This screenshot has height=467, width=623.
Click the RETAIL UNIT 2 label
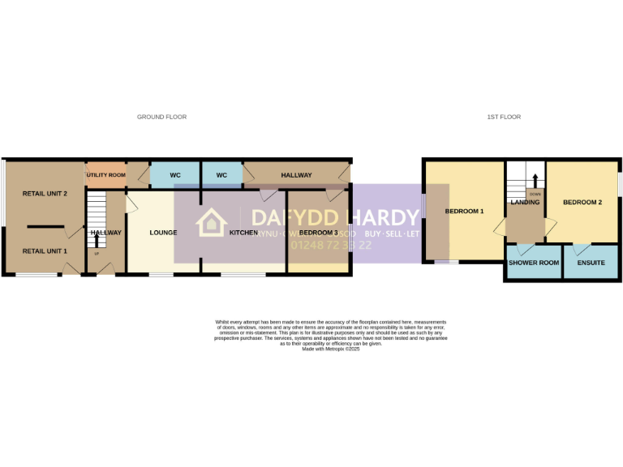(x=45, y=194)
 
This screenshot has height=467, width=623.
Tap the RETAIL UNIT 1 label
(x=45, y=251)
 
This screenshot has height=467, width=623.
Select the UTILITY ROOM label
(x=106, y=175)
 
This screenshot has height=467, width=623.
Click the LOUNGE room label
(x=163, y=233)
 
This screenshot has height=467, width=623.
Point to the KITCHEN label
(x=243, y=233)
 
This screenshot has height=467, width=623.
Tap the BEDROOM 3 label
(x=318, y=233)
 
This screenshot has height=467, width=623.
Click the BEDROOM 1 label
(x=464, y=212)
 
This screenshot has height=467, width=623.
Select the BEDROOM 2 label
(x=582, y=203)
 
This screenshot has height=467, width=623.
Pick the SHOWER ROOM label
(x=533, y=263)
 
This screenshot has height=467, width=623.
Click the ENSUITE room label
(x=591, y=263)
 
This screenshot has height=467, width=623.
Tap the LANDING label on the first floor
(x=526, y=203)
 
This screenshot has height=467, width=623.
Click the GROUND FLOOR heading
(x=161, y=117)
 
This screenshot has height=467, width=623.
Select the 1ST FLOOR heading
(x=504, y=117)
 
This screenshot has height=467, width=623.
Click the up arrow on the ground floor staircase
(x=97, y=241)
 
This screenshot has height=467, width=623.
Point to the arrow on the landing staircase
(x=535, y=180)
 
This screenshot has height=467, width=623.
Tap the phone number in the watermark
(x=331, y=245)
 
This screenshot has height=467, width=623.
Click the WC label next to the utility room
(x=175, y=175)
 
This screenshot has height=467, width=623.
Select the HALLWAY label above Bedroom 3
(x=296, y=175)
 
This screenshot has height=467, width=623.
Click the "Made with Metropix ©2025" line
(x=330, y=349)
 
